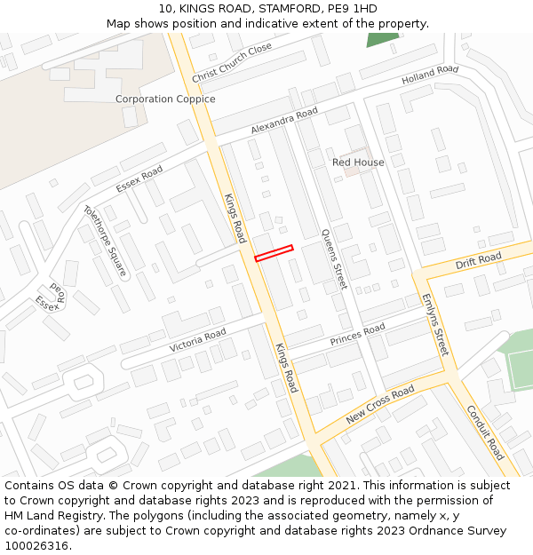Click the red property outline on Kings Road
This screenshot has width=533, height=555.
pyautogui.click(x=274, y=253)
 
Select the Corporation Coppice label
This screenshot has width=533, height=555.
pyautogui.click(x=165, y=99)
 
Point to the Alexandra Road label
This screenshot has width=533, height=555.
pyautogui.click(x=284, y=121)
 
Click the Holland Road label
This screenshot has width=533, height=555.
pyautogui.click(x=430, y=75)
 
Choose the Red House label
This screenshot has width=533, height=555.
pyautogui.click(x=358, y=163)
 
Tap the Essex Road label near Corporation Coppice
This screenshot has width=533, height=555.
pyautogui.click(x=139, y=178)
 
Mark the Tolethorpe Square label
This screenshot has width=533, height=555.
pyautogui.click(x=105, y=240)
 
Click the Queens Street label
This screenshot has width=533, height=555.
pyautogui.click(x=334, y=258)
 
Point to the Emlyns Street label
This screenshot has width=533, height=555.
pyautogui.click(x=435, y=324)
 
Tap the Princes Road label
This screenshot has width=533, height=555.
pyautogui.click(x=358, y=335)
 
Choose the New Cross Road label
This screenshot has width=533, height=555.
pyautogui.click(x=380, y=405)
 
